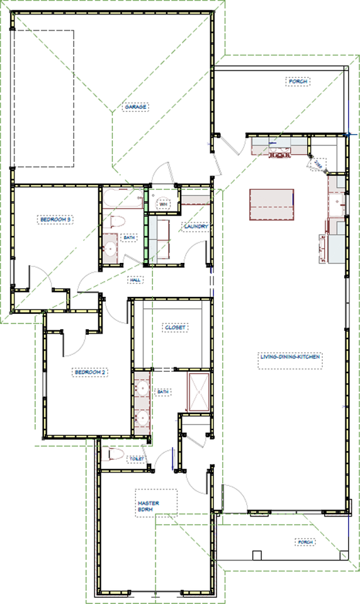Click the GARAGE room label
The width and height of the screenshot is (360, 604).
coord(135,107)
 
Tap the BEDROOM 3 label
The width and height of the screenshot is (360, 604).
coord(56,219)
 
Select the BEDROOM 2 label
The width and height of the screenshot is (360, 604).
coord(91,372)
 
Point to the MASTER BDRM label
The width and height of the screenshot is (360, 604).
coord(149,506)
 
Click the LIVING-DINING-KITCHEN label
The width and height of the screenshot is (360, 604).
coord(291,357)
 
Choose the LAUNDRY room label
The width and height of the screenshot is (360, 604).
coord(196,226)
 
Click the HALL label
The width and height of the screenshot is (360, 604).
coord(134,279)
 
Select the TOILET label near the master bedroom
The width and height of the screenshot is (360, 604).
coord(137,459)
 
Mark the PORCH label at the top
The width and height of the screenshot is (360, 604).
coord(297,82)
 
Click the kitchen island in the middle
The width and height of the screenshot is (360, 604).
coord(273,204)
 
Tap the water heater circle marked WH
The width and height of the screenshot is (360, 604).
coord(163,204)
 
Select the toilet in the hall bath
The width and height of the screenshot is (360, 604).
coord(117,221)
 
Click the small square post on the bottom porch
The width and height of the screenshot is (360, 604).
coord(256,555)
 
